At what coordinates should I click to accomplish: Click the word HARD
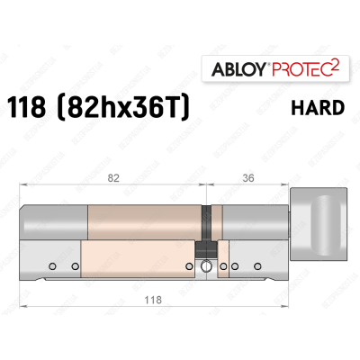click(319, 109)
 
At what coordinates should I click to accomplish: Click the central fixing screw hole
click(208, 266)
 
